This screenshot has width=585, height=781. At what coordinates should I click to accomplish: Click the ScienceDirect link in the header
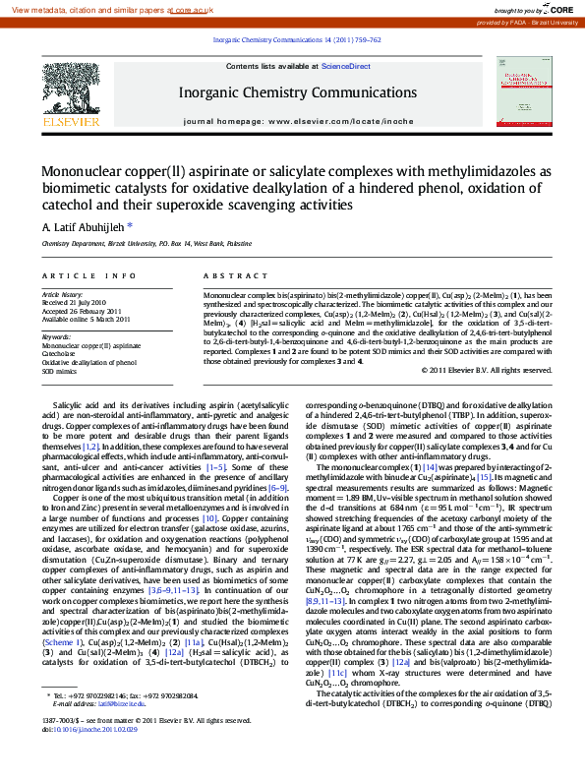point(346,66)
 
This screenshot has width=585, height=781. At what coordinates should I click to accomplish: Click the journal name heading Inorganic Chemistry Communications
point(292,92)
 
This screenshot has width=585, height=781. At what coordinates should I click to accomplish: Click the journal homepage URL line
point(292,121)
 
